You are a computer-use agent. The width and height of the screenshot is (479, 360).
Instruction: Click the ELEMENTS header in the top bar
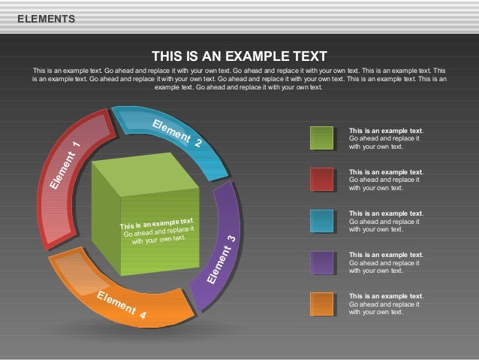pos(46,19)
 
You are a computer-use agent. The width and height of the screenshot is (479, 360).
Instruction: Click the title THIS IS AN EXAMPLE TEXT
pos(239,56)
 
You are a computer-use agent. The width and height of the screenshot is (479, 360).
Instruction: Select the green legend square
pos(322,138)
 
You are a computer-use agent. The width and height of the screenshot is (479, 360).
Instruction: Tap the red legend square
pos(322,180)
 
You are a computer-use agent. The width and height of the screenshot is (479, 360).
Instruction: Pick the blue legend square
pos(322,221)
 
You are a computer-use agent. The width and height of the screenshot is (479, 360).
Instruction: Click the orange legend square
pos(322,304)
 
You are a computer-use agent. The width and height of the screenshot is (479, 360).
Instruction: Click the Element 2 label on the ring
pos(177,132)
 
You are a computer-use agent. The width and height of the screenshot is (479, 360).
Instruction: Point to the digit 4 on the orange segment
pos(142,316)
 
